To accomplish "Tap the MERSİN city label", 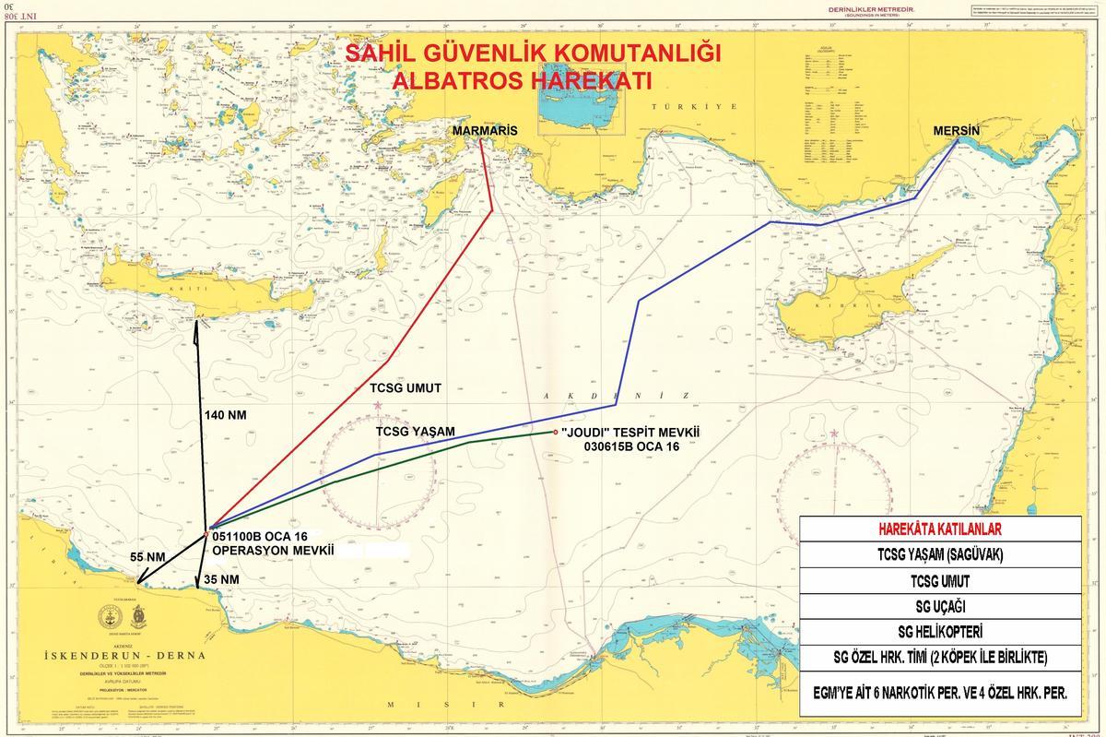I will coord(956,132).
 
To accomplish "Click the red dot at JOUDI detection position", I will coord(555,431).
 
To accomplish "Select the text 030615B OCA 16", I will coord(628,446).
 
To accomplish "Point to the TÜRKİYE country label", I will coord(696,107).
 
